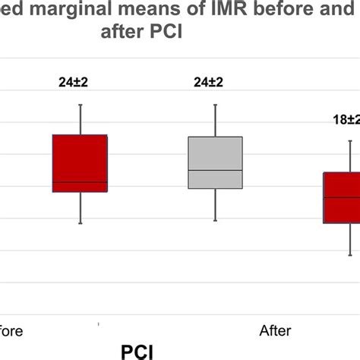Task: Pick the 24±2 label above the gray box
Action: coord(215,83)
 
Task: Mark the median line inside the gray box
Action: coord(216,169)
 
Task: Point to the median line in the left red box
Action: coord(80,182)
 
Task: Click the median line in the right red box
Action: coord(342,197)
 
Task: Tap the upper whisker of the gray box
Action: coord(216,120)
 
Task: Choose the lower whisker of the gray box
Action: coord(216,204)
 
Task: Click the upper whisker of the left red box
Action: coord(80,119)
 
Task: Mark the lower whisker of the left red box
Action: coord(80,208)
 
